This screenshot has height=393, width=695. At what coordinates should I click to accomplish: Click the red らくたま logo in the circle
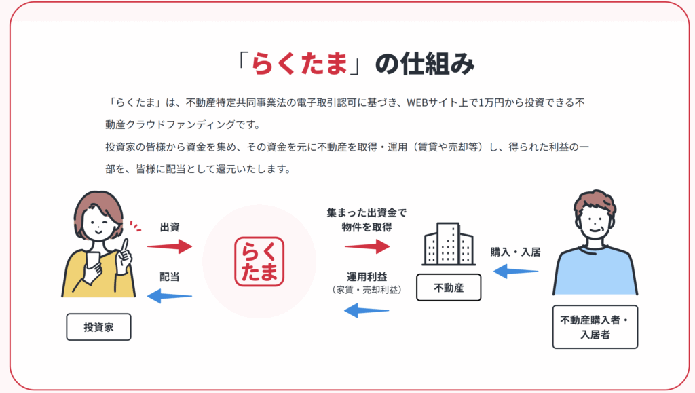(x=259, y=261)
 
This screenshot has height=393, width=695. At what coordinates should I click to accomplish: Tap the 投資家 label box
(x=98, y=327)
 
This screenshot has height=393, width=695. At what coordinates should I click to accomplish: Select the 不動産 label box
(x=449, y=288)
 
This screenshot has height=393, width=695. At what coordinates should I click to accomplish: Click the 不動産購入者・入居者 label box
(x=595, y=327)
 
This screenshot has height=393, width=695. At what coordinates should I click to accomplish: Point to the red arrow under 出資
(x=170, y=246)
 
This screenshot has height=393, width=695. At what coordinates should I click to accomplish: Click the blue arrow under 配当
(x=169, y=296)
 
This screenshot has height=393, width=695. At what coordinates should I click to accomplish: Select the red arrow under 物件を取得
(x=367, y=246)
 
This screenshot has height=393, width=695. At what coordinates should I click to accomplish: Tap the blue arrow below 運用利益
(x=367, y=310)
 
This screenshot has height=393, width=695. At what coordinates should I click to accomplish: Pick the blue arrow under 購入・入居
(x=516, y=271)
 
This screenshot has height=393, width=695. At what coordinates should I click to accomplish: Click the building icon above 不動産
(x=449, y=244)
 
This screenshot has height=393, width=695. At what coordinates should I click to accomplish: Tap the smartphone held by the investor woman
(x=93, y=261)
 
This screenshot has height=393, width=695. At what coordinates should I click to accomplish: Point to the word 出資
(x=170, y=227)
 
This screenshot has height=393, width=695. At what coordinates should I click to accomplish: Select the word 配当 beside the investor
(x=169, y=277)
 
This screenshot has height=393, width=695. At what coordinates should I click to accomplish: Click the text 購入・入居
(x=516, y=252)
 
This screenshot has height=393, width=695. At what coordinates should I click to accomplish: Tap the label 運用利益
(x=367, y=277)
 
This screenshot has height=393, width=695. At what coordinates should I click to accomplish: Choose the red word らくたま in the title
(x=299, y=64)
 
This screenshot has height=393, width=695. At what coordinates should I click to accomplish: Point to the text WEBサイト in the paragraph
(x=432, y=102)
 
